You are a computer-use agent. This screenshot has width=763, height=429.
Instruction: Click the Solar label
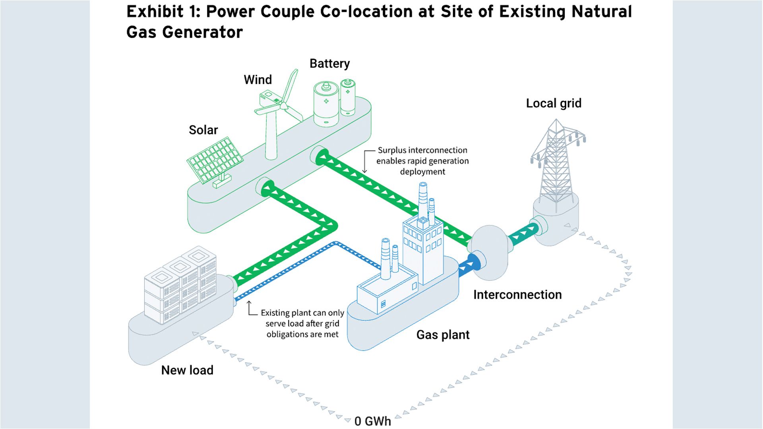coord(203,130)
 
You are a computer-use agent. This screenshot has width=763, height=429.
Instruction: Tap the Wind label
coord(258,79)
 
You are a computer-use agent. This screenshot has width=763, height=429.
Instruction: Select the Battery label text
coord(329,64)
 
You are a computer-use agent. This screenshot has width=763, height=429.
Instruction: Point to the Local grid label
coord(553,103)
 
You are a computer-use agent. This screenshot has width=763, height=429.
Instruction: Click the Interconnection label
coord(517,295)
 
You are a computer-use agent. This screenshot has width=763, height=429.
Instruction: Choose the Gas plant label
coord(443,335)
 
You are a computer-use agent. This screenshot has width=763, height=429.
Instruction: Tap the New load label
coord(187,370)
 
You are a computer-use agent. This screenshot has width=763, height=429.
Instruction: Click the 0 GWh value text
coord(372,421)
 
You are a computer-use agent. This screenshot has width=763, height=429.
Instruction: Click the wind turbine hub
coord(283,106)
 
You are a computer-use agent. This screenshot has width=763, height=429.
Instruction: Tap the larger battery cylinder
coord(326,104)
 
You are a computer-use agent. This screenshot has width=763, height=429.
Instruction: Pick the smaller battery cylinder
coord(348,97)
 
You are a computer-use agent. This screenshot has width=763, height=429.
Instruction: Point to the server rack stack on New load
coord(181,286)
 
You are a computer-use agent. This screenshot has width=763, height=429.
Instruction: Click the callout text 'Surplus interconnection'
coord(422,150)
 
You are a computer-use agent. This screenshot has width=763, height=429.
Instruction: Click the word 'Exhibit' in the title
coord(155,12)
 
